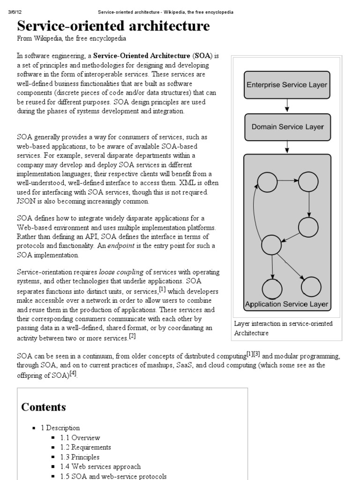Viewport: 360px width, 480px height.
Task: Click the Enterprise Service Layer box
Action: pyautogui.click(x=287, y=85)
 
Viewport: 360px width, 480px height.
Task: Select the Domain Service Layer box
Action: pyautogui.click(x=287, y=127)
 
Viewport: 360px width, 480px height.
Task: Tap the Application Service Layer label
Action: pyautogui.click(x=287, y=304)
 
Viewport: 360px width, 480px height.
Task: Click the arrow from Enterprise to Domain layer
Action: pyautogui.click(x=287, y=106)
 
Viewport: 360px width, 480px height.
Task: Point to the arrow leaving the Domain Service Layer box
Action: pyautogui.click(x=287, y=148)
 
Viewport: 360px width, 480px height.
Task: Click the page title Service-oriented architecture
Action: pyautogui.click(x=113, y=26)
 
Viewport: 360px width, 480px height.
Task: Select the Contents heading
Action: pyautogui.click(x=44, y=407)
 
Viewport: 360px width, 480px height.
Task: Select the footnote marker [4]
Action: pyautogui.click(x=73, y=374)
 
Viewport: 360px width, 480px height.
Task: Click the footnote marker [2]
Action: pyautogui.click(x=132, y=336)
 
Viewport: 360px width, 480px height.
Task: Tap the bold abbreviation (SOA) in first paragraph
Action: pyautogui.click(x=203, y=56)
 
